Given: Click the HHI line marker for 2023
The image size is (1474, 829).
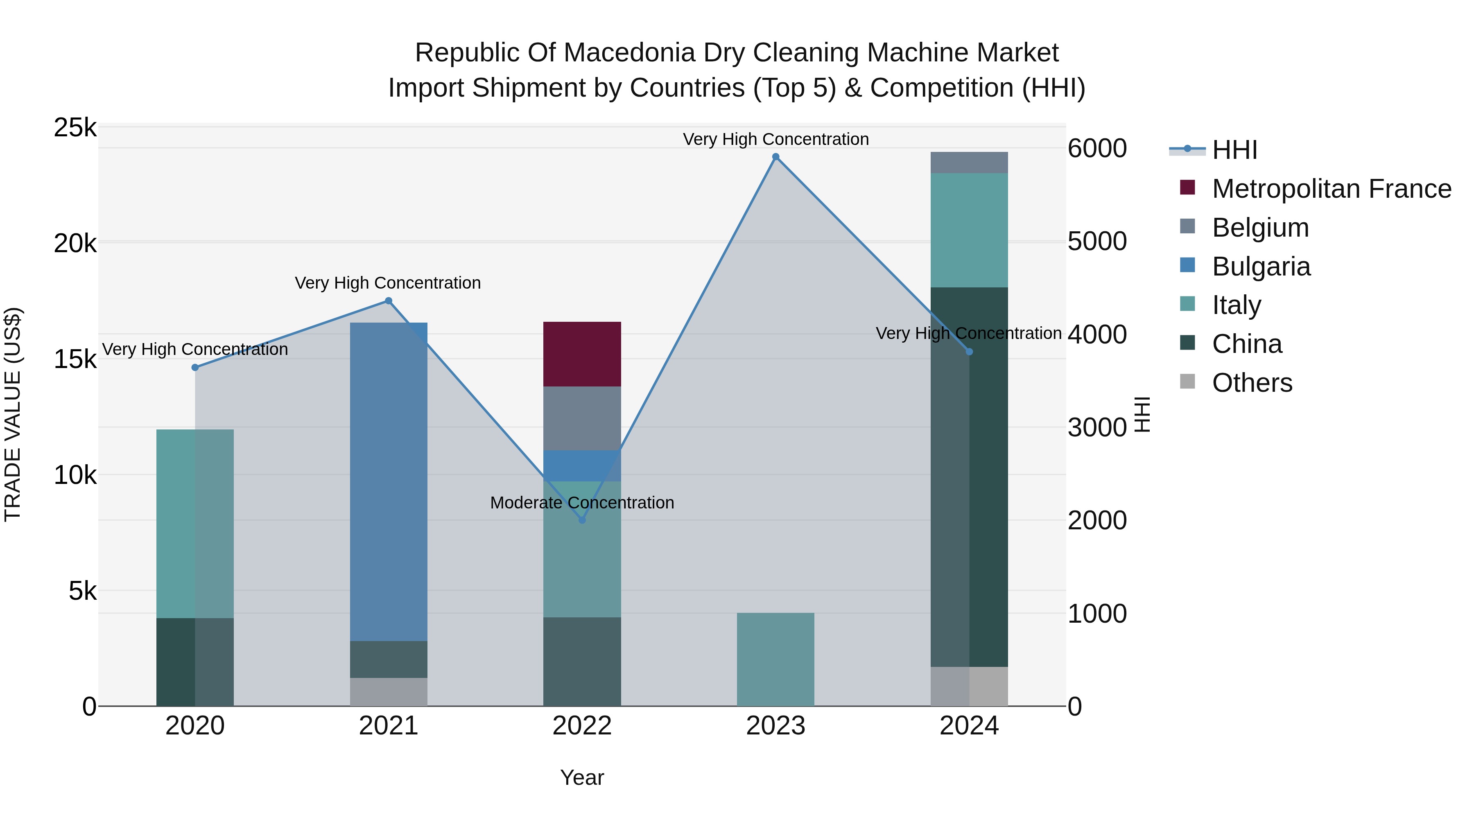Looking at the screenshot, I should pyautogui.click(x=775, y=157).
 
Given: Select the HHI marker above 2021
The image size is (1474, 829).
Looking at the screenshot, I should pyautogui.click(x=389, y=301).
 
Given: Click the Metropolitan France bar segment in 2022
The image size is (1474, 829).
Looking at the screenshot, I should pyautogui.click(x=582, y=354).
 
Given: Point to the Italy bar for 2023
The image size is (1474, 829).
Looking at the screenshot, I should pyautogui.click(x=775, y=659).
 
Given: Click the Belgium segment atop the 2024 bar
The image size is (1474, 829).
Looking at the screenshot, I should pyautogui.click(x=969, y=163).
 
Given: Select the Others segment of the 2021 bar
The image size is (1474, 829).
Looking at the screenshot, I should pyautogui.click(x=389, y=692).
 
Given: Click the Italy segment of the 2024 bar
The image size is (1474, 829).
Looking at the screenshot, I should pyautogui.click(x=969, y=230).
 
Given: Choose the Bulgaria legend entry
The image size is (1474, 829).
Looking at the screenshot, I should pyautogui.click(x=1261, y=267).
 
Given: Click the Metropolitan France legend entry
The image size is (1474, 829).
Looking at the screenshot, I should pyautogui.click(x=1331, y=189).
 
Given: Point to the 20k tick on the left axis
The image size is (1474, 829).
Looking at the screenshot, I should pyautogui.click(x=75, y=244).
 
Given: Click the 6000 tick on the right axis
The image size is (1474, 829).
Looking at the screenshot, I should pyautogui.click(x=1097, y=149).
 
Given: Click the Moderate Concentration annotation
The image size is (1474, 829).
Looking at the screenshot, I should pyautogui.click(x=582, y=502).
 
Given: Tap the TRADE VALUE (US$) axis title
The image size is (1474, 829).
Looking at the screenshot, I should pyautogui.click(x=13, y=414).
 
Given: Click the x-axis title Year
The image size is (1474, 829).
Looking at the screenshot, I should pyautogui.click(x=582, y=777).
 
